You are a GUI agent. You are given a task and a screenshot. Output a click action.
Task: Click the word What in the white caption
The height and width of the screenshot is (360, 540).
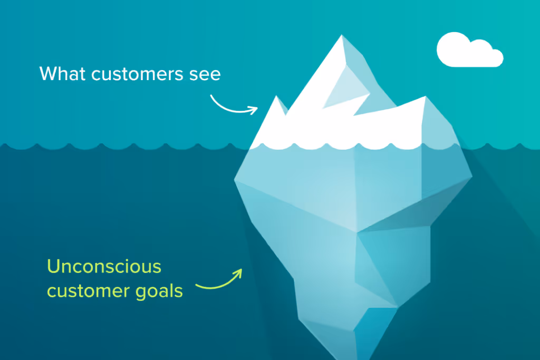(x=62, y=74)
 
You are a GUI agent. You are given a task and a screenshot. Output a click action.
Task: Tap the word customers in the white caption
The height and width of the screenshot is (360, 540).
(x=137, y=74)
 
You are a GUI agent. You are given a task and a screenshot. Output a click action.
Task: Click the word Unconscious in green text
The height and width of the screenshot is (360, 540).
(x=104, y=266)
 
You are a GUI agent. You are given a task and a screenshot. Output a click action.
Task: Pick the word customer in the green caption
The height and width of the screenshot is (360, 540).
(x=89, y=291)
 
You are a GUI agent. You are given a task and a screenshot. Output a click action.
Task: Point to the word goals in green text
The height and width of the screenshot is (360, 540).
(x=159, y=291)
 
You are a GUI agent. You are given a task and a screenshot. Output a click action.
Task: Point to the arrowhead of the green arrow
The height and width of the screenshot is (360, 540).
(x=238, y=273)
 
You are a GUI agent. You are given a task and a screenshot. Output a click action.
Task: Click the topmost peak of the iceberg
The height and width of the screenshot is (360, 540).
(x=342, y=35)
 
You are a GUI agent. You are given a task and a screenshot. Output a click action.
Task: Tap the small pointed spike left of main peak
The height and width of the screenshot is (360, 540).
(x=276, y=96)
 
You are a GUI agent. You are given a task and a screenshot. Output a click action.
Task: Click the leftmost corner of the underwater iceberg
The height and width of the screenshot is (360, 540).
(x=235, y=179)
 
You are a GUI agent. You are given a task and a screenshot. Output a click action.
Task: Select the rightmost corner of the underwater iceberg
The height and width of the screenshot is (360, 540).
(x=472, y=177)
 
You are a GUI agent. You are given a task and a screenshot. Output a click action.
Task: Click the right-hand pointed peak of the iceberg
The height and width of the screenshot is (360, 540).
(x=426, y=96)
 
